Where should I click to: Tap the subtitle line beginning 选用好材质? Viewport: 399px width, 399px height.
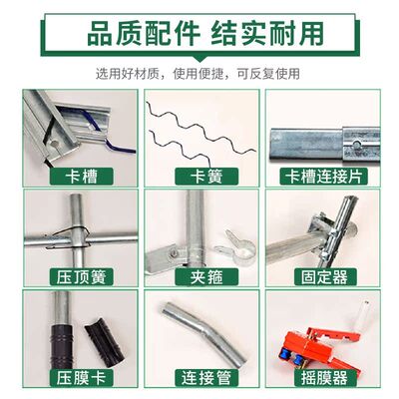(199, 72)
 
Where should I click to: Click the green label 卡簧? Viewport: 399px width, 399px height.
(200, 178)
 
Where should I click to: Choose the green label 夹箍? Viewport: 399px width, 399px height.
(200, 276)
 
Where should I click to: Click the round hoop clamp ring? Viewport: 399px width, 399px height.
(232, 239)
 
